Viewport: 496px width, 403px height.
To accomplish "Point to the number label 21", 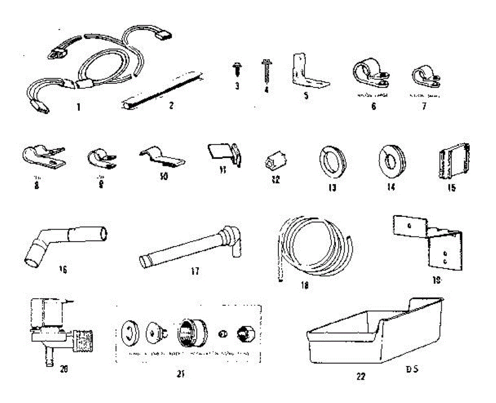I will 180,374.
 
